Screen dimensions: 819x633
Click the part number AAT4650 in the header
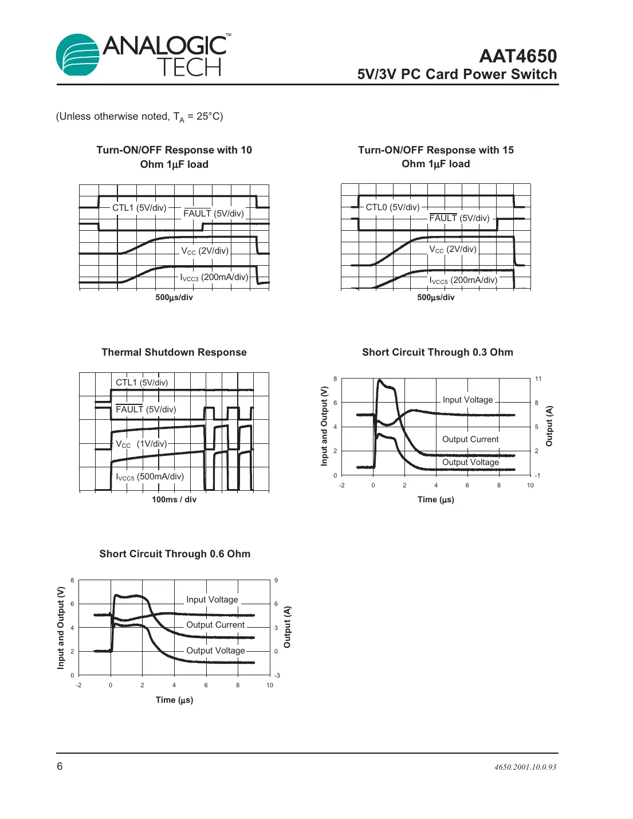pos(518,56)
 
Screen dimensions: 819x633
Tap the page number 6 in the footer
pos(60,766)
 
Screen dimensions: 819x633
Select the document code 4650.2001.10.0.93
pos(525,767)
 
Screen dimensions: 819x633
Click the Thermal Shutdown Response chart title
pos(174,352)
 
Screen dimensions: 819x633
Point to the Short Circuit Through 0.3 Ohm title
pos(437,352)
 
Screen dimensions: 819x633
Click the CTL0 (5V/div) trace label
pos(392,207)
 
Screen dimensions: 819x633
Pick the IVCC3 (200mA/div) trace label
pos(214,278)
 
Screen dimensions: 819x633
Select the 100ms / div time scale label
pos(174,499)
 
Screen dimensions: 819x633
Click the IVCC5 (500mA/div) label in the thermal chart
pos(150,477)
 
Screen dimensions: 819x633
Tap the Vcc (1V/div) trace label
pos(141,444)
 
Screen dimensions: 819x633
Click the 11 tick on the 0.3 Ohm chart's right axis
pos(538,379)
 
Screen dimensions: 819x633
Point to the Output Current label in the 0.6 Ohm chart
pos(215,625)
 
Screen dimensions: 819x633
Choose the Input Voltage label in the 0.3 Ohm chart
pos(467,400)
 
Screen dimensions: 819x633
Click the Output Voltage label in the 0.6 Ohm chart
pos(215,651)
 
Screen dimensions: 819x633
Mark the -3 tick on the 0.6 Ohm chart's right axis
pos(277,675)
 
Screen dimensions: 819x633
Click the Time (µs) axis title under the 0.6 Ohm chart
pos(174,700)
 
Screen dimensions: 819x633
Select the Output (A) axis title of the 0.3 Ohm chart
pos(549,426)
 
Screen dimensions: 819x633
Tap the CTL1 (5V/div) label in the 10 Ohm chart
pos(139,208)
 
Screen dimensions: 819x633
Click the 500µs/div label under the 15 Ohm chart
pos(436,297)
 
